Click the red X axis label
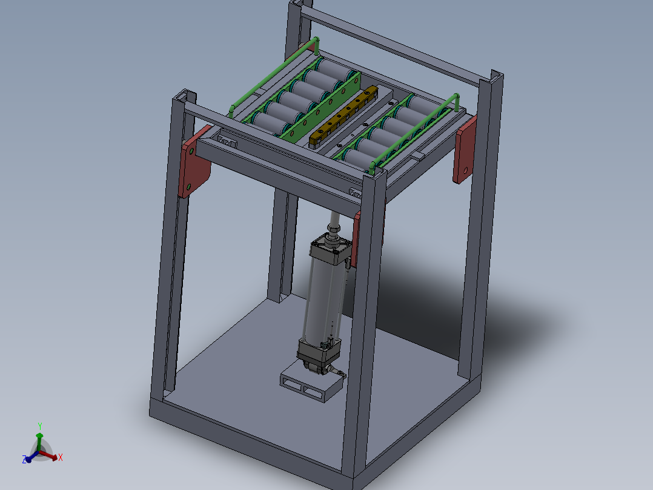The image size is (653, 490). click(61, 457)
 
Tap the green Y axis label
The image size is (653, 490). click(40, 426)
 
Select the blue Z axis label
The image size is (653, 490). click(24, 460)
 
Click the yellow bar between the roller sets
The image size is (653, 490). click(343, 117)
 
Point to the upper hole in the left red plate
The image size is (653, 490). click(191, 152)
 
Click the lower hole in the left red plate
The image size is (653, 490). click(188, 186)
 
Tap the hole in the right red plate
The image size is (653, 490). click(466, 170)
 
